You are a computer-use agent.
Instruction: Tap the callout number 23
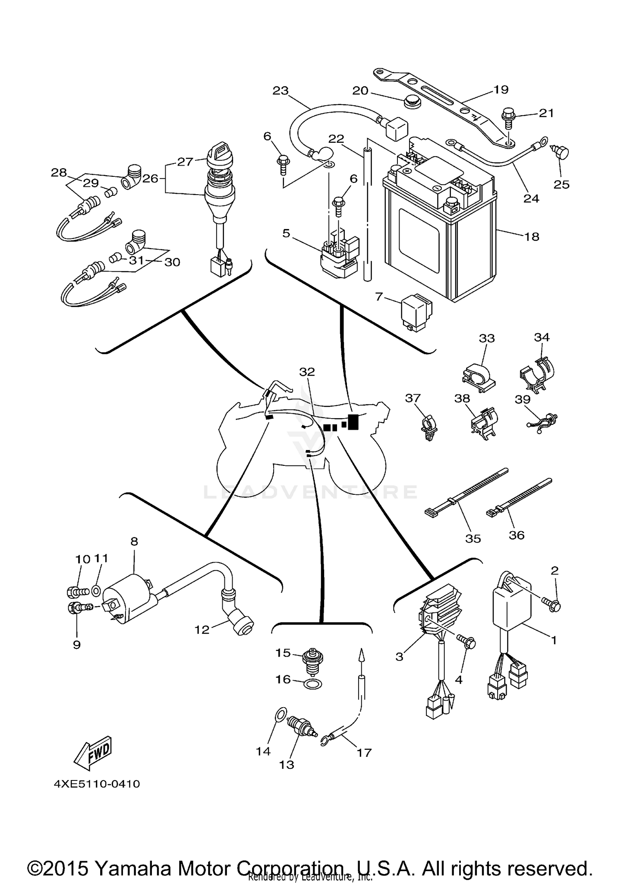click(x=280, y=90)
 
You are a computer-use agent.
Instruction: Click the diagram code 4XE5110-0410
click(x=96, y=784)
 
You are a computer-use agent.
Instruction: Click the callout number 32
click(x=307, y=372)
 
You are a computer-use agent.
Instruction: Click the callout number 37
click(x=412, y=398)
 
